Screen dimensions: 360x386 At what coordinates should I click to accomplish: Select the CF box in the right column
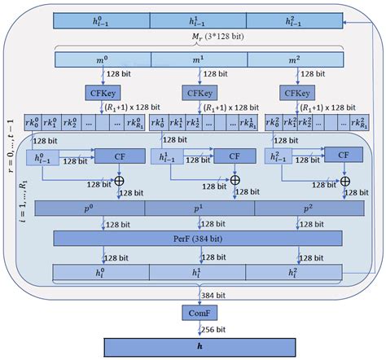click(x=344, y=156)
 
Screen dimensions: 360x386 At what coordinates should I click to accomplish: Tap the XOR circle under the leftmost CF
click(x=120, y=178)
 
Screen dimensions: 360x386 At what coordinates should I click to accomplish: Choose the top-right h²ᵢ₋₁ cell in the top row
click(x=294, y=19)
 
